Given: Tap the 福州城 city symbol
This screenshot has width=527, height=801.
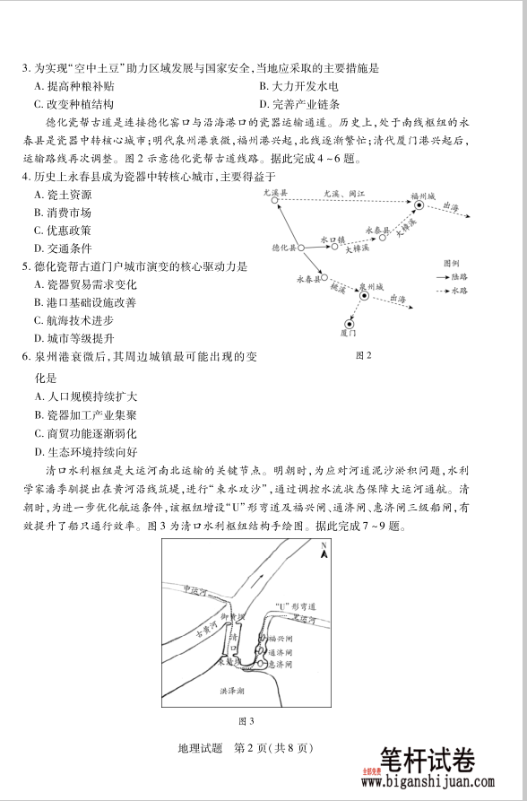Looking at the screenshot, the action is (x=419, y=205).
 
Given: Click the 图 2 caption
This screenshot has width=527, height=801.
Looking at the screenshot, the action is (x=363, y=355).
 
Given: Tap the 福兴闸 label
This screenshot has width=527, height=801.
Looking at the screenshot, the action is (x=279, y=639).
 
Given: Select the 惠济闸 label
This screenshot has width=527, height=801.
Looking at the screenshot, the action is (x=280, y=666).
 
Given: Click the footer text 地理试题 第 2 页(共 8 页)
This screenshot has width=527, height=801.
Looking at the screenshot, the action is (x=246, y=747).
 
